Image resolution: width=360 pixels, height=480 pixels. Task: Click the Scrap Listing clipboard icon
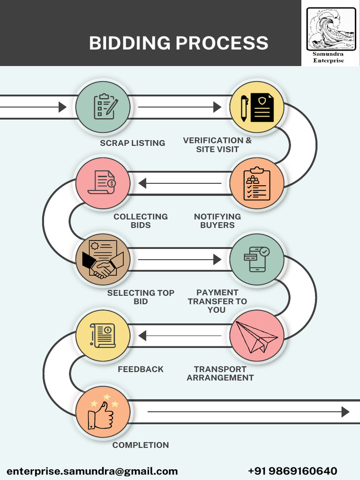(x=103, y=107)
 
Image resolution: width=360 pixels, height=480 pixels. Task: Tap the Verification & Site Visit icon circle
(x=256, y=107)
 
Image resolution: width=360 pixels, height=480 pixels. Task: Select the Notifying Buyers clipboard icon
(x=256, y=183)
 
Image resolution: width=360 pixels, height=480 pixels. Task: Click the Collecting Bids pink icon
(x=103, y=183)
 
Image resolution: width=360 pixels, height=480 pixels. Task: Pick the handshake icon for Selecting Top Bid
(x=103, y=259)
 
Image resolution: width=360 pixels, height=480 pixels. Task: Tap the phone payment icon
(x=256, y=259)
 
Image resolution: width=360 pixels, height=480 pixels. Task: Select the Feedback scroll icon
(x=103, y=336)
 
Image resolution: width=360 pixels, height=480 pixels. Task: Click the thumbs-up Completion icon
(x=103, y=413)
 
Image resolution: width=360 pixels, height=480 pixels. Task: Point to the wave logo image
(x=331, y=29)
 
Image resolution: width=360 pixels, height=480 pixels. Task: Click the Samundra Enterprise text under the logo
(x=328, y=57)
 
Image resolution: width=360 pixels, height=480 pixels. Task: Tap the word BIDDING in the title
(x=130, y=43)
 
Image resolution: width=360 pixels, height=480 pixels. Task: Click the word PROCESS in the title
(x=222, y=43)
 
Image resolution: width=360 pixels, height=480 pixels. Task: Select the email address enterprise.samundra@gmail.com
(x=92, y=471)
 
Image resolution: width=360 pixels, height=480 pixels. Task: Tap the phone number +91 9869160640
(x=292, y=471)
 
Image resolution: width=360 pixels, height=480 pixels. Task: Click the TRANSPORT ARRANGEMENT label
(x=220, y=374)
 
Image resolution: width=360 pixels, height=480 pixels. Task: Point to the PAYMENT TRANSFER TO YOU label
(x=217, y=301)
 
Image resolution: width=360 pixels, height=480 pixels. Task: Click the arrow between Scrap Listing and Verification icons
(x=180, y=107)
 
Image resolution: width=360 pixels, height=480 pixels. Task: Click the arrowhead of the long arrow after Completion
(x=345, y=412)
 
